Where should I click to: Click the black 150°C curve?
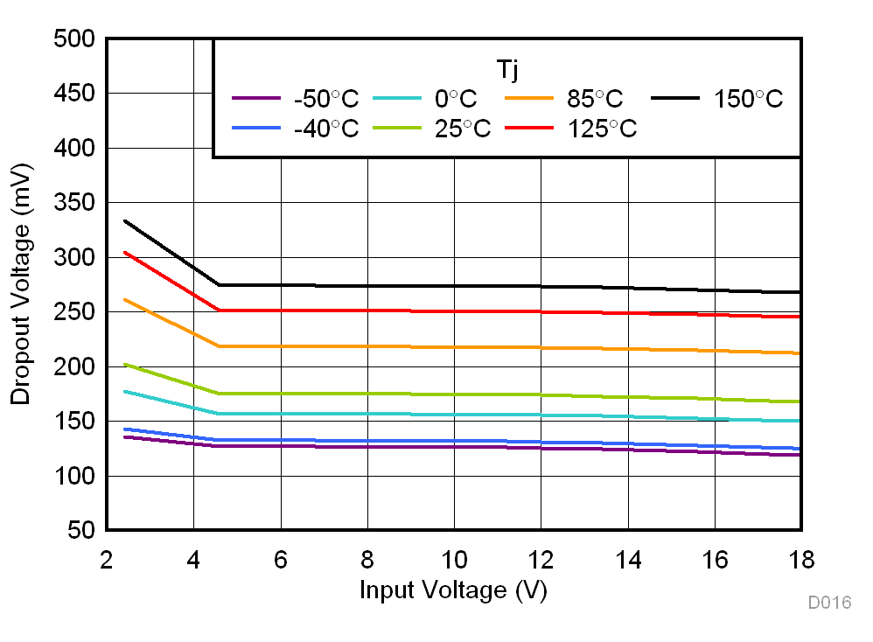click(x=455, y=286)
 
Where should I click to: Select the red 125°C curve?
click(x=455, y=311)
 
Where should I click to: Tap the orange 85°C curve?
click(x=455, y=347)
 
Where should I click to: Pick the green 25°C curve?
click(x=455, y=394)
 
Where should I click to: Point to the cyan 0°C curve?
click(x=455, y=415)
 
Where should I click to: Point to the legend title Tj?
click(x=507, y=66)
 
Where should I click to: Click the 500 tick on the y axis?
click(x=73, y=39)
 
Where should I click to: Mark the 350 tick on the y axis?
click(x=73, y=203)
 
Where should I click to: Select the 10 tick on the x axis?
click(x=454, y=558)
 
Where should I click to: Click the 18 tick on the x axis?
click(x=801, y=558)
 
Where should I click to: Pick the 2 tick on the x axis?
click(x=107, y=558)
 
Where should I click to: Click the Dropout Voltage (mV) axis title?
click(x=21, y=284)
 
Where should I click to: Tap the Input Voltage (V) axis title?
click(x=453, y=590)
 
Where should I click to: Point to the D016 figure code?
click(x=829, y=603)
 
